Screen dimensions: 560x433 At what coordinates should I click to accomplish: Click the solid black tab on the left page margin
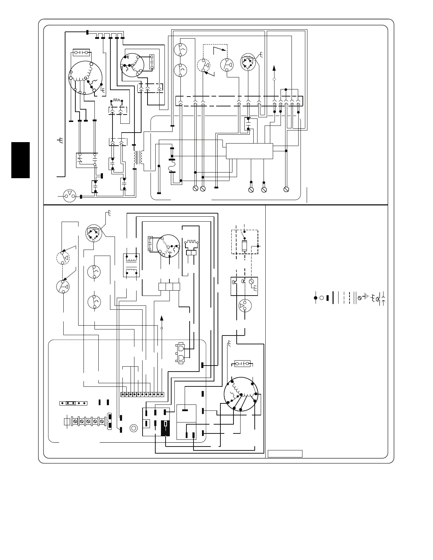[x=20, y=160]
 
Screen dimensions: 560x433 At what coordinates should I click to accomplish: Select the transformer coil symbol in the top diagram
[x=138, y=157]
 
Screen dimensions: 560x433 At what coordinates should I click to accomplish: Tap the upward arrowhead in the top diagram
[x=275, y=68]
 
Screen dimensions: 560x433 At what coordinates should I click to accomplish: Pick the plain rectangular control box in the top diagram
[x=249, y=151]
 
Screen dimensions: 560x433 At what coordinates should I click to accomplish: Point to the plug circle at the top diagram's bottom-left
[x=69, y=196]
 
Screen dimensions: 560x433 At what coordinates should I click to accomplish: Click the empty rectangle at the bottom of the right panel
[x=285, y=454]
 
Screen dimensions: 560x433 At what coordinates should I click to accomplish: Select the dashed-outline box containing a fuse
[x=244, y=242]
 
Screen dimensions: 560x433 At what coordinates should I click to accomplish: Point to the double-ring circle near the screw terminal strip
[x=134, y=428]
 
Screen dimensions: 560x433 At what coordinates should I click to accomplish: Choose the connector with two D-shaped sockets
[x=180, y=353]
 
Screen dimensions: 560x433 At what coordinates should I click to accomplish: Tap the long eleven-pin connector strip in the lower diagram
[x=142, y=394]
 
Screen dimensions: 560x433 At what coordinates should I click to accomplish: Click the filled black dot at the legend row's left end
[x=315, y=298]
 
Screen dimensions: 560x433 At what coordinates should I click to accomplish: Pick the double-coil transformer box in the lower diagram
[x=131, y=265]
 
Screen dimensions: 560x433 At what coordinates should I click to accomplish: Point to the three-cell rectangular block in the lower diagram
[x=169, y=286]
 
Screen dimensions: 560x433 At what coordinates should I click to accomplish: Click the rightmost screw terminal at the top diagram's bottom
[x=287, y=189]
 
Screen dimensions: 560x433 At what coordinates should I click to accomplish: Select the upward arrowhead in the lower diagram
[x=162, y=317]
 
